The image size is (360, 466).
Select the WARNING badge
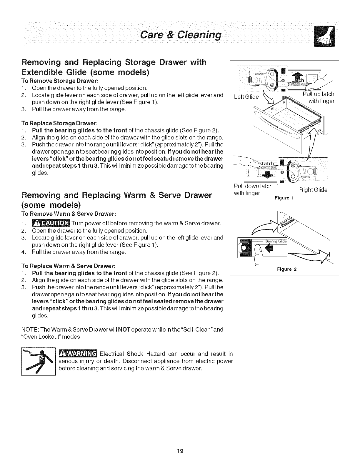click(x=78, y=353)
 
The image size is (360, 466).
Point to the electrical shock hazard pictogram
click(x=38, y=362)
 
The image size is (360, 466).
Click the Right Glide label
click(x=313, y=190)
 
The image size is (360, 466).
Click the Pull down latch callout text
click(x=253, y=189)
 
